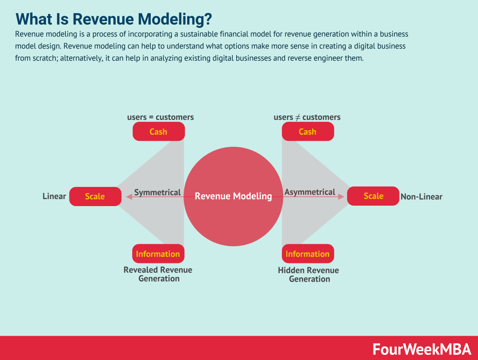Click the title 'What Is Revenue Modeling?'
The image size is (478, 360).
click(x=113, y=19)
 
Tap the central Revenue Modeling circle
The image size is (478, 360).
click(x=233, y=196)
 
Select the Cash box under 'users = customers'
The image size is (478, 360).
click(x=158, y=132)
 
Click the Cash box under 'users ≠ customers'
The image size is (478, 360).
click(x=308, y=132)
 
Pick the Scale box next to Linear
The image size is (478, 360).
click(x=95, y=196)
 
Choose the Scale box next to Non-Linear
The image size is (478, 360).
click(x=373, y=196)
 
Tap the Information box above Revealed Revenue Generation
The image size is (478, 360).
click(x=158, y=254)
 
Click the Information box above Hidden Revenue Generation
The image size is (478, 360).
click(x=308, y=254)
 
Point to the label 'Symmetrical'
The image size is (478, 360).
click(x=157, y=192)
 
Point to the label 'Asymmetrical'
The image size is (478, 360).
click(x=310, y=192)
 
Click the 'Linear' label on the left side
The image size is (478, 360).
click(x=54, y=196)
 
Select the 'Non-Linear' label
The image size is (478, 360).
click(x=421, y=197)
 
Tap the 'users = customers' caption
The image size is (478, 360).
click(x=160, y=117)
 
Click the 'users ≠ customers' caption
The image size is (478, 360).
click(x=307, y=117)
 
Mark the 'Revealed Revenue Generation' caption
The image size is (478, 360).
click(x=158, y=274)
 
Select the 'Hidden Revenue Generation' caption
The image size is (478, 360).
click(x=309, y=275)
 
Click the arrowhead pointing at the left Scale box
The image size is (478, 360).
click(x=126, y=197)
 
